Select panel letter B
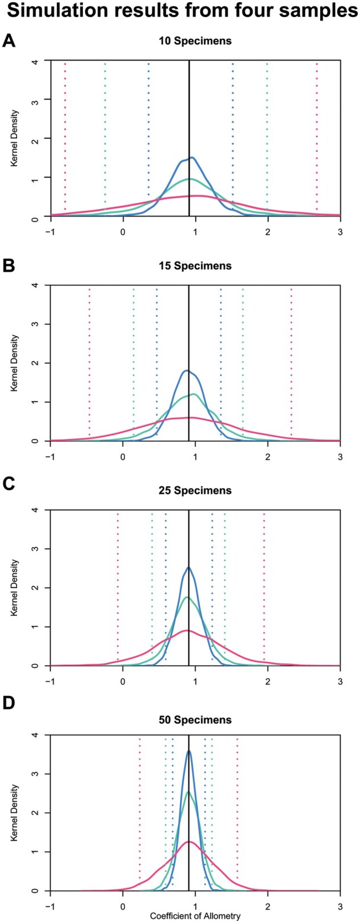point(9,265)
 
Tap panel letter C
point(9,490)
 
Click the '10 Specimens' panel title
point(195,41)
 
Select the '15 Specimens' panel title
point(195,266)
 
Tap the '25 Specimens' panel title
point(195,490)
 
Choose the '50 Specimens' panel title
point(195,720)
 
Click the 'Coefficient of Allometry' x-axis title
point(195,916)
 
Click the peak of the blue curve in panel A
point(192,158)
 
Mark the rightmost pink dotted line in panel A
point(317,136)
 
